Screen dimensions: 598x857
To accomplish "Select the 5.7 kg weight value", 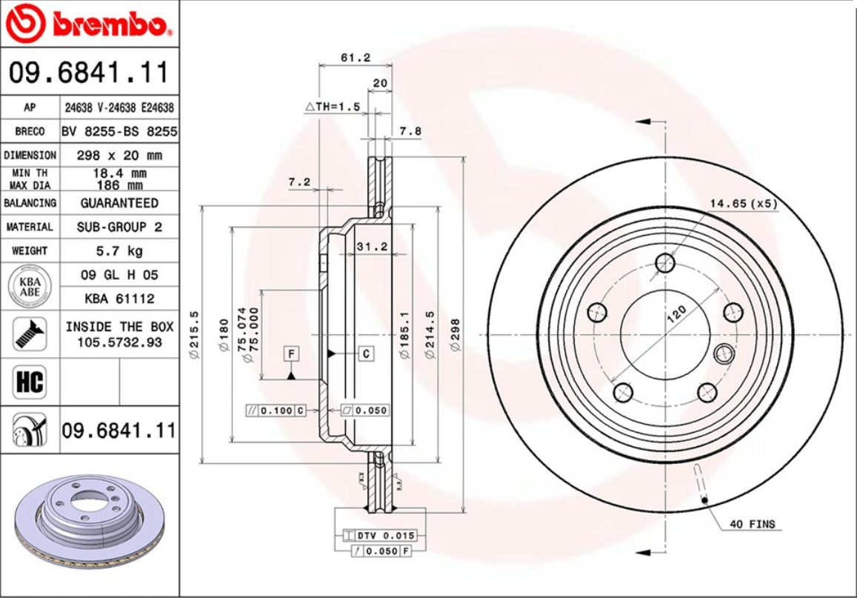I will click(x=119, y=250).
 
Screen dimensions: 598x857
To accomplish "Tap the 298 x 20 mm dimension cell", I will click(x=119, y=156).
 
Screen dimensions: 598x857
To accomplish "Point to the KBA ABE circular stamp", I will click(x=30, y=287).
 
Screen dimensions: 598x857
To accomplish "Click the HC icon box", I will click(x=30, y=382).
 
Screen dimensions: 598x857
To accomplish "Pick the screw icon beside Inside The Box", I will click(x=30, y=333).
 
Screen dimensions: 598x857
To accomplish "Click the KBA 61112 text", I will click(x=119, y=299).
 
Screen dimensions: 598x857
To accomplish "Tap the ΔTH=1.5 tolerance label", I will click(x=333, y=107).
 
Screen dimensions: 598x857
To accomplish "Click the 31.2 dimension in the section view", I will click(x=372, y=247).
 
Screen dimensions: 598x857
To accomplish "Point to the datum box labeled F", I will click(x=292, y=354).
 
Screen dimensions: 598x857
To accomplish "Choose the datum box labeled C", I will click(x=367, y=353).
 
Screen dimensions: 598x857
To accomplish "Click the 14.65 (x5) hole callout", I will click(x=744, y=203).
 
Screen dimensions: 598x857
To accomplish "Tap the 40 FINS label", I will click(x=752, y=524).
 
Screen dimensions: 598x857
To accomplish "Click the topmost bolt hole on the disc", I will click(x=666, y=263).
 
